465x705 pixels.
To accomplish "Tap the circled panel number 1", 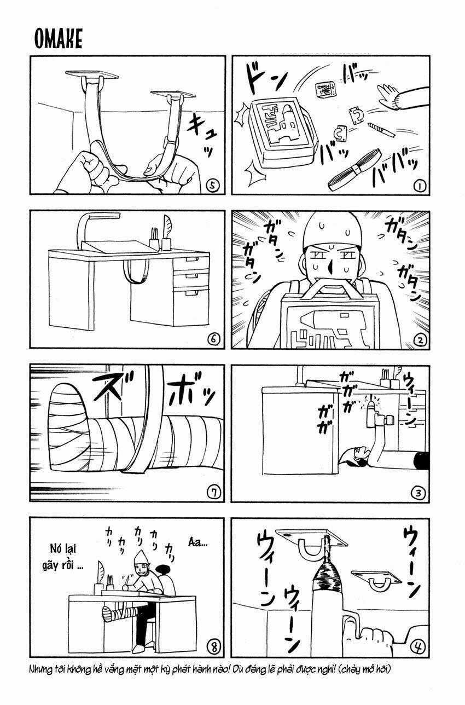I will tap(420, 187).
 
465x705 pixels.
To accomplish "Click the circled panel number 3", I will tap(420, 493).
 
